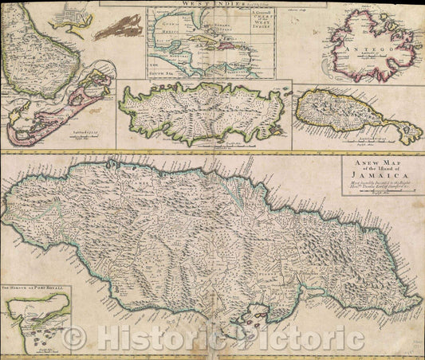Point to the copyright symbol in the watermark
click(77, 339)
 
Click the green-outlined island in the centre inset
click(203, 112)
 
